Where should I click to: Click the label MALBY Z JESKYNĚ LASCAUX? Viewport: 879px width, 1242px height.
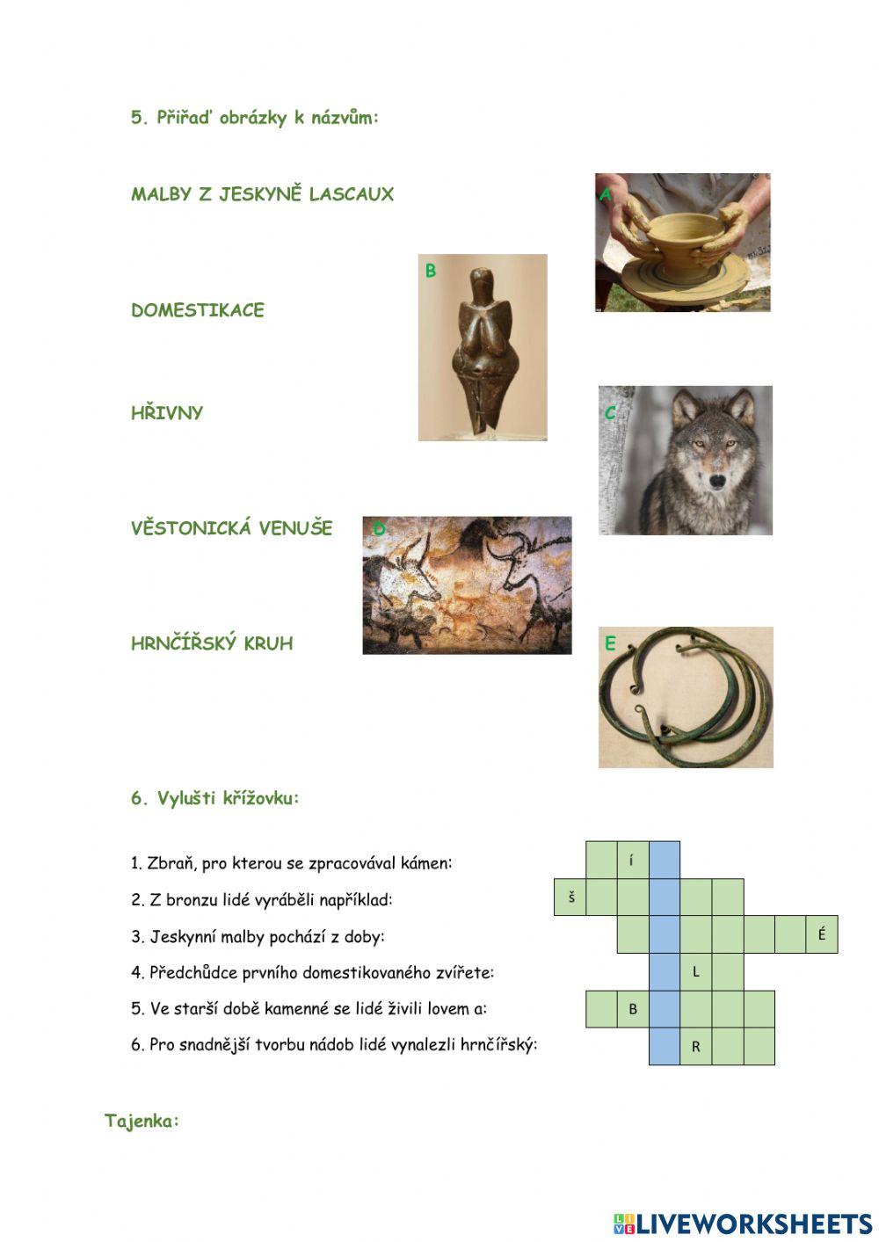coord(262,194)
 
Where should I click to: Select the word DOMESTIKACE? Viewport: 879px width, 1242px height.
coord(197,310)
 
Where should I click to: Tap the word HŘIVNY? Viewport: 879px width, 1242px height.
coord(167,413)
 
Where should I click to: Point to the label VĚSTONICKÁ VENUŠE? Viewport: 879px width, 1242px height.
coord(232,528)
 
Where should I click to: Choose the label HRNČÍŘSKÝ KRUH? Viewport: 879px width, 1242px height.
coord(212,643)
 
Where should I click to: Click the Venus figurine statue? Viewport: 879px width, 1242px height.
coord(482,347)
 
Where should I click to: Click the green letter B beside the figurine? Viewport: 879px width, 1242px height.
coord(431,271)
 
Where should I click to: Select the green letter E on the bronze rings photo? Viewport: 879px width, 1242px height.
coord(610,644)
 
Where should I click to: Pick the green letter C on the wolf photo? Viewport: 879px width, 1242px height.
coord(610,413)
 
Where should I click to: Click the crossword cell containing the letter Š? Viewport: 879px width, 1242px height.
coord(570,897)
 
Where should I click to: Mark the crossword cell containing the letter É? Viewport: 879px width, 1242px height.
coord(822,934)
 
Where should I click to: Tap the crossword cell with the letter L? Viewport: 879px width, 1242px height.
coord(696,971)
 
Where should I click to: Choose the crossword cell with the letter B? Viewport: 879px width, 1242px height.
coord(633,1009)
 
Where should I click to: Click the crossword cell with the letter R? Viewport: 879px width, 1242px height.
coord(696,1047)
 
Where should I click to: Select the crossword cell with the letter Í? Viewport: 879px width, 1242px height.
coord(633,861)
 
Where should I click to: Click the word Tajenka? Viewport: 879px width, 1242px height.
coord(142,1121)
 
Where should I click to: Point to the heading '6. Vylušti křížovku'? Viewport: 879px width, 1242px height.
coord(215,798)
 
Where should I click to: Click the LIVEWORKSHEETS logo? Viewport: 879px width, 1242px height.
coord(743,1224)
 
